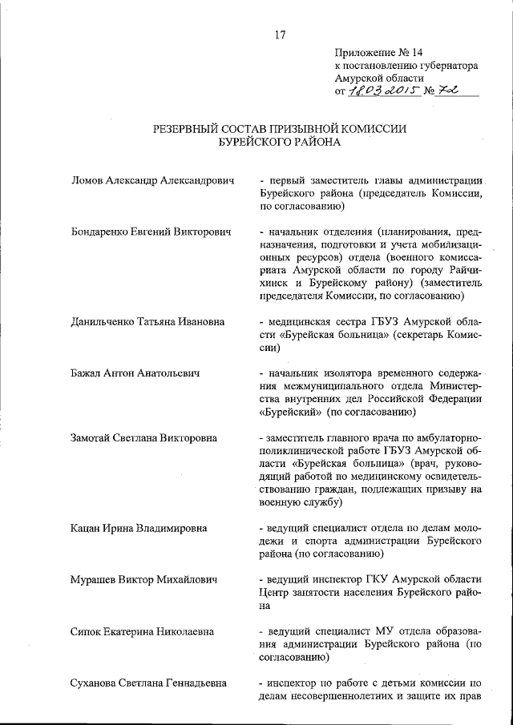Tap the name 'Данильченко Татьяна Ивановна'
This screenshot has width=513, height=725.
click(147, 322)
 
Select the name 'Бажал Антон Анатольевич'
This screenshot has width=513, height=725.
click(135, 373)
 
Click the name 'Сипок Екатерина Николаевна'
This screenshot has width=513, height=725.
click(143, 631)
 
